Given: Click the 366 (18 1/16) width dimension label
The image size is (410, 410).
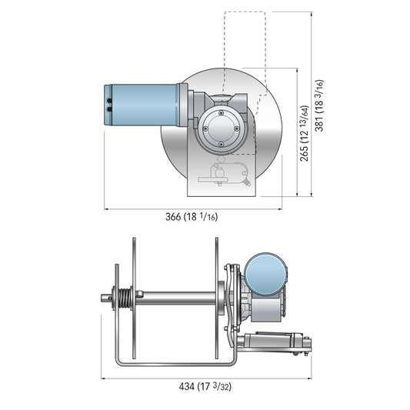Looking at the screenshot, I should click(x=192, y=216).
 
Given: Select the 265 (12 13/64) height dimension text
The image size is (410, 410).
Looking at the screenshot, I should click(x=306, y=134).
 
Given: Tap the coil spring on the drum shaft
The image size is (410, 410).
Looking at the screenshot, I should click(x=121, y=298).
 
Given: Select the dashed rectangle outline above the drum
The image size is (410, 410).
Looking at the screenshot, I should click(x=245, y=38).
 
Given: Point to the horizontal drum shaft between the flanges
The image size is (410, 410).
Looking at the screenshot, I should click(x=177, y=296).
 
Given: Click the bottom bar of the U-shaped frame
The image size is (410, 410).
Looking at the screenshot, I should click(x=173, y=360).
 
